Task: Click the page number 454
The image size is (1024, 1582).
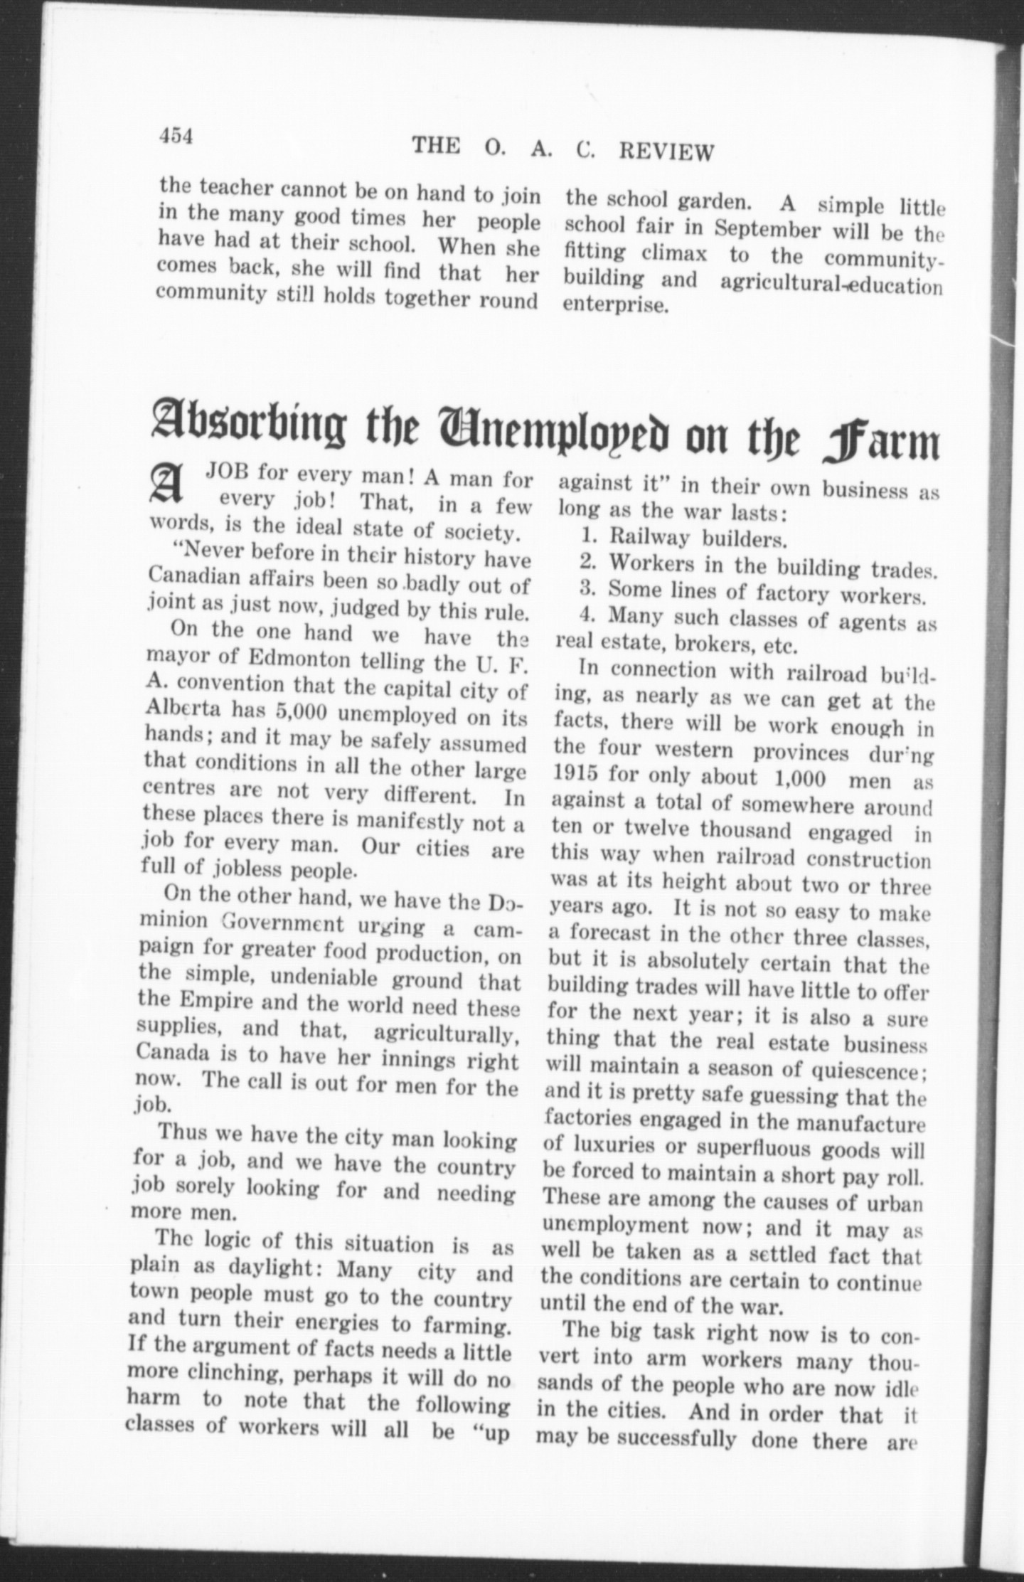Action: (x=177, y=136)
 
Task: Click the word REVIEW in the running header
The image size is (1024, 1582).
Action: (x=667, y=151)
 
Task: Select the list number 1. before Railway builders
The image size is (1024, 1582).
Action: (x=592, y=535)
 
